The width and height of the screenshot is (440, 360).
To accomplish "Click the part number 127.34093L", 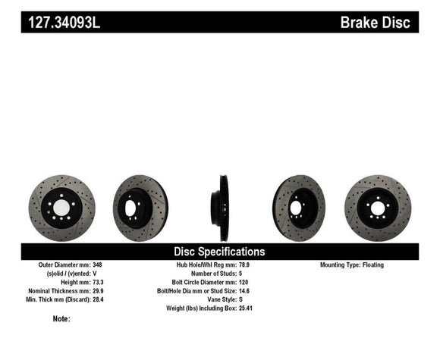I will pyautogui.click(x=64, y=22).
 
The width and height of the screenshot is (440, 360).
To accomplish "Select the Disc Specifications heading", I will pyautogui.click(x=219, y=251).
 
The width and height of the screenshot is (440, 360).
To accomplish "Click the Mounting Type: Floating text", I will pyautogui.click(x=352, y=265).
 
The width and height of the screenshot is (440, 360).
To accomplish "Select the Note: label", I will pyautogui.click(x=61, y=319).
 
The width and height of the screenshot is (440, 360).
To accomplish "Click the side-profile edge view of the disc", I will pyautogui.click(x=220, y=208).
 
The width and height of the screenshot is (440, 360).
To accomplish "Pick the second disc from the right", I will pyautogui.click(x=299, y=208).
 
